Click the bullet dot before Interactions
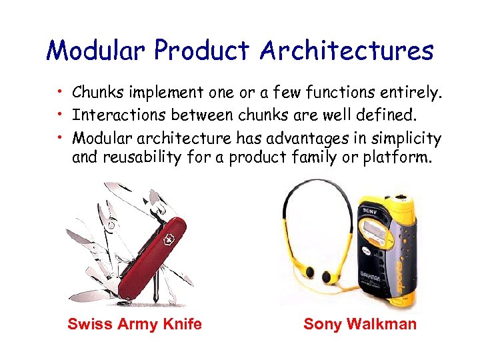59,115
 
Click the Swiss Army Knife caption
135,325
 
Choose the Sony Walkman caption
360,325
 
